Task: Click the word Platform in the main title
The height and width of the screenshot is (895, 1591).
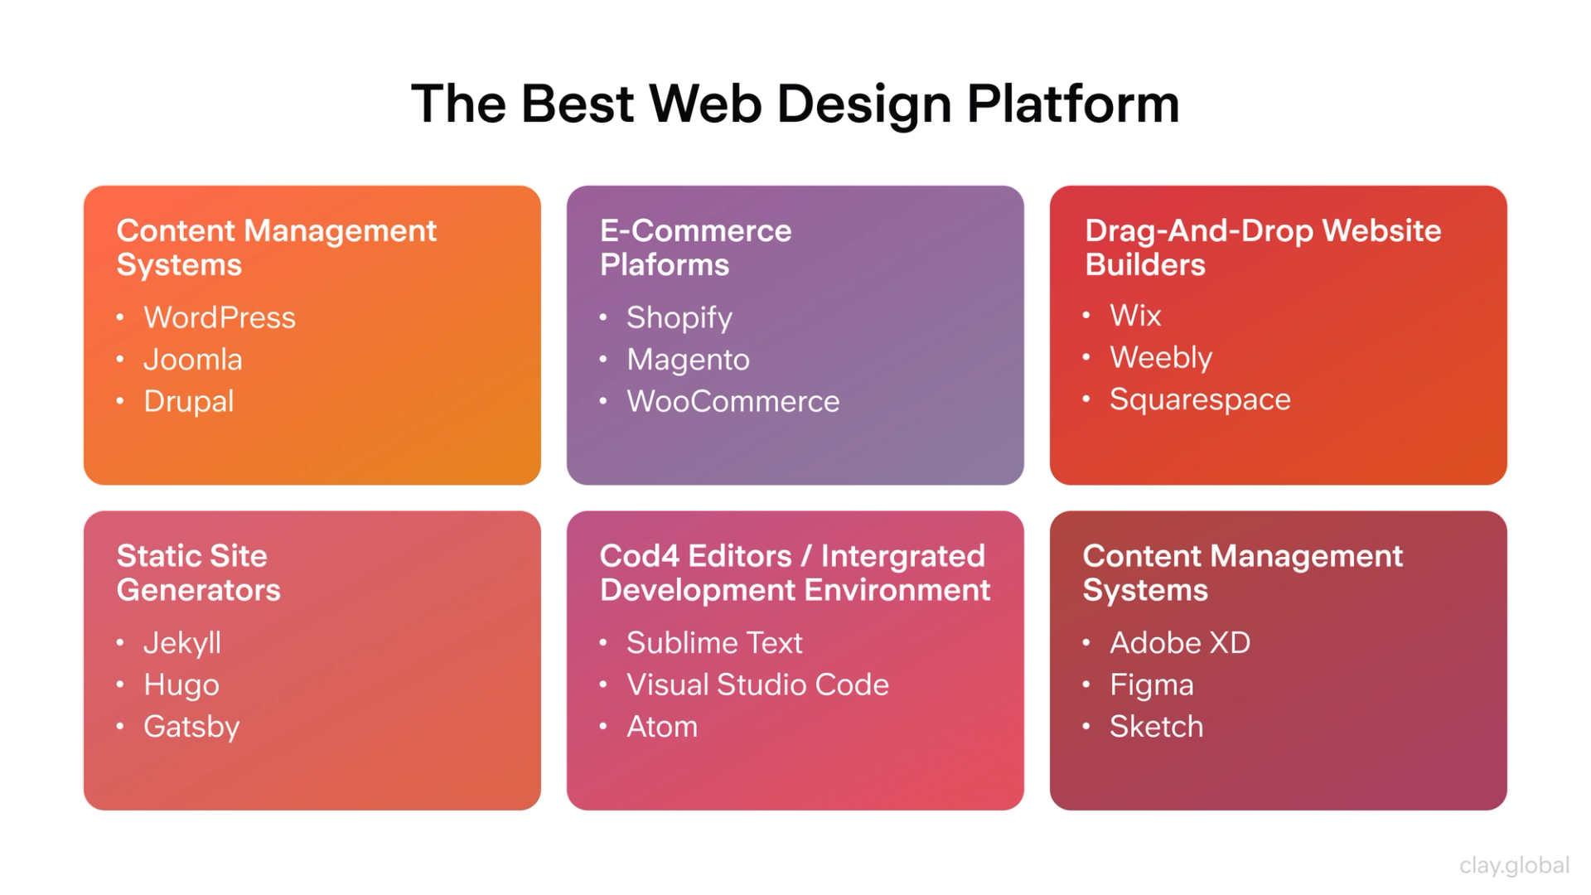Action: coord(1072,104)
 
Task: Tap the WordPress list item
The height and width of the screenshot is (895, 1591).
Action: coord(219,317)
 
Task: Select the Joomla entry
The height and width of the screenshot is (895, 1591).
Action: coord(192,360)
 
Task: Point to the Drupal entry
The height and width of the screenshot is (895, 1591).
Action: coord(188,402)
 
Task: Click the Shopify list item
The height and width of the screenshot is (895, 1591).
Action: coord(679,318)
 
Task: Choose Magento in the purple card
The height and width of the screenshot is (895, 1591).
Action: coord(688,360)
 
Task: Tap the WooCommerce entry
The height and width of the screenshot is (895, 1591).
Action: coord(733,402)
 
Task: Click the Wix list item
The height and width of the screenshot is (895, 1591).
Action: coord(1134,316)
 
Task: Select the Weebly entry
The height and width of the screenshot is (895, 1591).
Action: coord(1160,358)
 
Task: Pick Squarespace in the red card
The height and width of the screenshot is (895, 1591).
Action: coord(1199,399)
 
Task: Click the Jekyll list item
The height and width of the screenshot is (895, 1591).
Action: coord(181,643)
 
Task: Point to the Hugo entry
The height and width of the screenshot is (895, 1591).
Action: coord(181,685)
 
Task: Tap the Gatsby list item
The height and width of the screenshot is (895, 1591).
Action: coord(191,727)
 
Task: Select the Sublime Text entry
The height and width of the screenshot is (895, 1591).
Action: coord(713,643)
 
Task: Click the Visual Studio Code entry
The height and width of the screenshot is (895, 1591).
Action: coord(757,685)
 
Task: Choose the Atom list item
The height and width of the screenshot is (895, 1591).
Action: coord(661,727)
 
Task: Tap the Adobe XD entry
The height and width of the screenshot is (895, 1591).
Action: coord(1179,643)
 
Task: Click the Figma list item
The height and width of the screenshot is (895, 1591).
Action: coord(1151,685)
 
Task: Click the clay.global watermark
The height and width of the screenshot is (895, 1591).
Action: coord(1514,865)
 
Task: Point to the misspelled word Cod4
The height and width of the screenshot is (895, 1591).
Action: coord(639,556)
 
